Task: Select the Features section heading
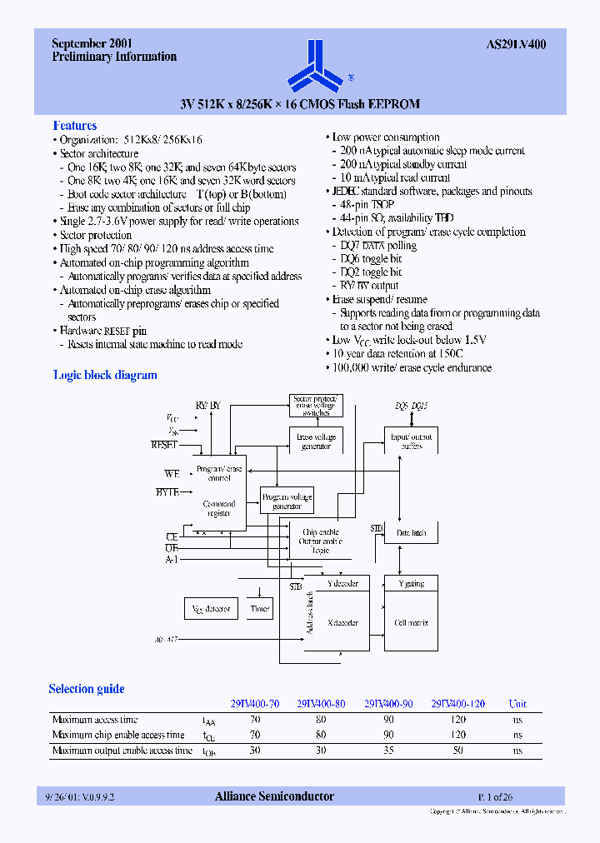tap(75, 126)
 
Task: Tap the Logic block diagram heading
tap(105, 376)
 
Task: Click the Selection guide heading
tap(87, 689)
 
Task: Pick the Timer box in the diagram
tap(260, 609)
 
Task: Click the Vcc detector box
tap(211, 609)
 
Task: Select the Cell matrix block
tap(411, 623)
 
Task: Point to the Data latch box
tap(411, 533)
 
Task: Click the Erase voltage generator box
tap(316, 441)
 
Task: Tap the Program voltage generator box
tap(287, 501)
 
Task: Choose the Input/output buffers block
tap(412, 441)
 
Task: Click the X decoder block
tap(342, 622)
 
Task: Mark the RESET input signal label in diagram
tap(164, 445)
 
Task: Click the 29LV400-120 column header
tap(457, 704)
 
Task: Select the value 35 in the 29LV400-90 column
tap(388, 751)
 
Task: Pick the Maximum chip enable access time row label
tap(118, 736)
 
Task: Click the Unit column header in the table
tap(517, 704)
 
